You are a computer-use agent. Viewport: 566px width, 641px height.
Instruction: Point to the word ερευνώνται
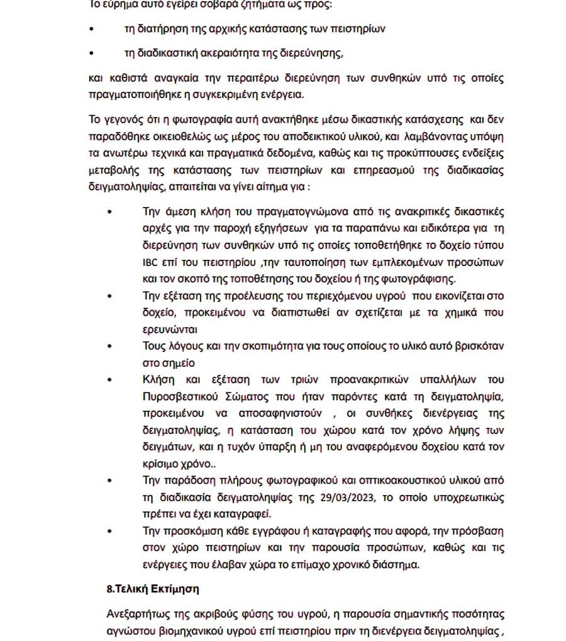(x=170, y=328)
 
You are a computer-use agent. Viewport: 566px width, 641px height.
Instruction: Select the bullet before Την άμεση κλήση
(x=110, y=212)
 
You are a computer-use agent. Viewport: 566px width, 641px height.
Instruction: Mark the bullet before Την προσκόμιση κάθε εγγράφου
(x=110, y=532)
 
